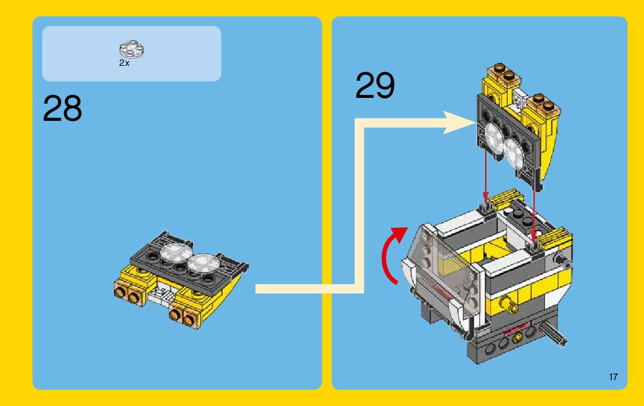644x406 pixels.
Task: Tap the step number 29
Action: click(376, 86)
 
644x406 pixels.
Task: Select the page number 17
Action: click(613, 377)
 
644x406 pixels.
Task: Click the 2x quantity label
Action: click(124, 64)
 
